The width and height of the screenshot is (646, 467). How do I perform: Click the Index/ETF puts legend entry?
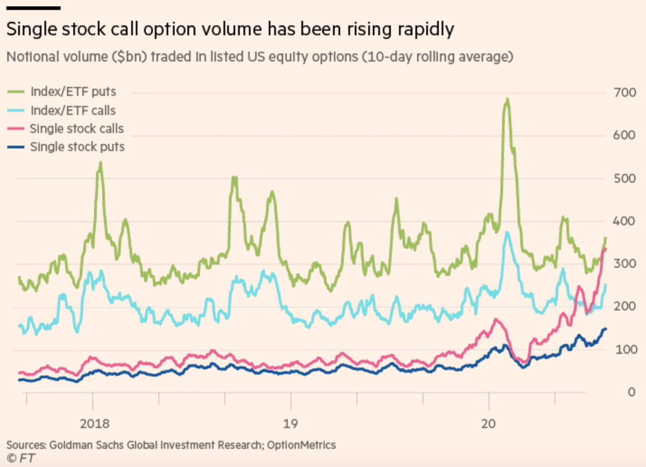point(73,92)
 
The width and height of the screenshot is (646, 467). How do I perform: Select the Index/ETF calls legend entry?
point(73,110)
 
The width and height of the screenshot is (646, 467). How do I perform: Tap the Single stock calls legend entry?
point(76,128)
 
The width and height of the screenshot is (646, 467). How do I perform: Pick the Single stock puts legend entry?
point(77,147)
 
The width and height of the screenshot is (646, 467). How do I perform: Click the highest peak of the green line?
point(507,100)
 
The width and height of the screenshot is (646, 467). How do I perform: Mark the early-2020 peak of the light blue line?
point(507,232)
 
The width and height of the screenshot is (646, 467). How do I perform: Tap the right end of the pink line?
point(606,248)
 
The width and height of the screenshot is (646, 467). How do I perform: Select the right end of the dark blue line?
point(606,329)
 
